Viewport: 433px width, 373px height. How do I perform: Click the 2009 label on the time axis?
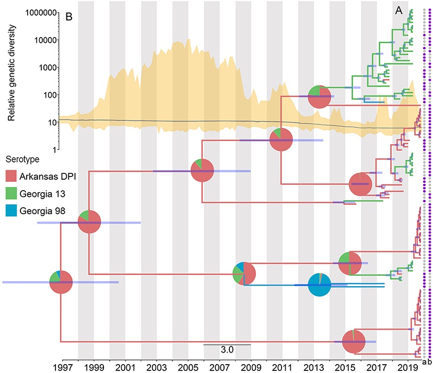pos(251,362)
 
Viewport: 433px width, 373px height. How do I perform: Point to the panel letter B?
pos(68,17)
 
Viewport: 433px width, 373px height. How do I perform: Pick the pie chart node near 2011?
pos(281,141)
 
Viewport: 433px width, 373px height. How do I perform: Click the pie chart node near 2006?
pos(202,171)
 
